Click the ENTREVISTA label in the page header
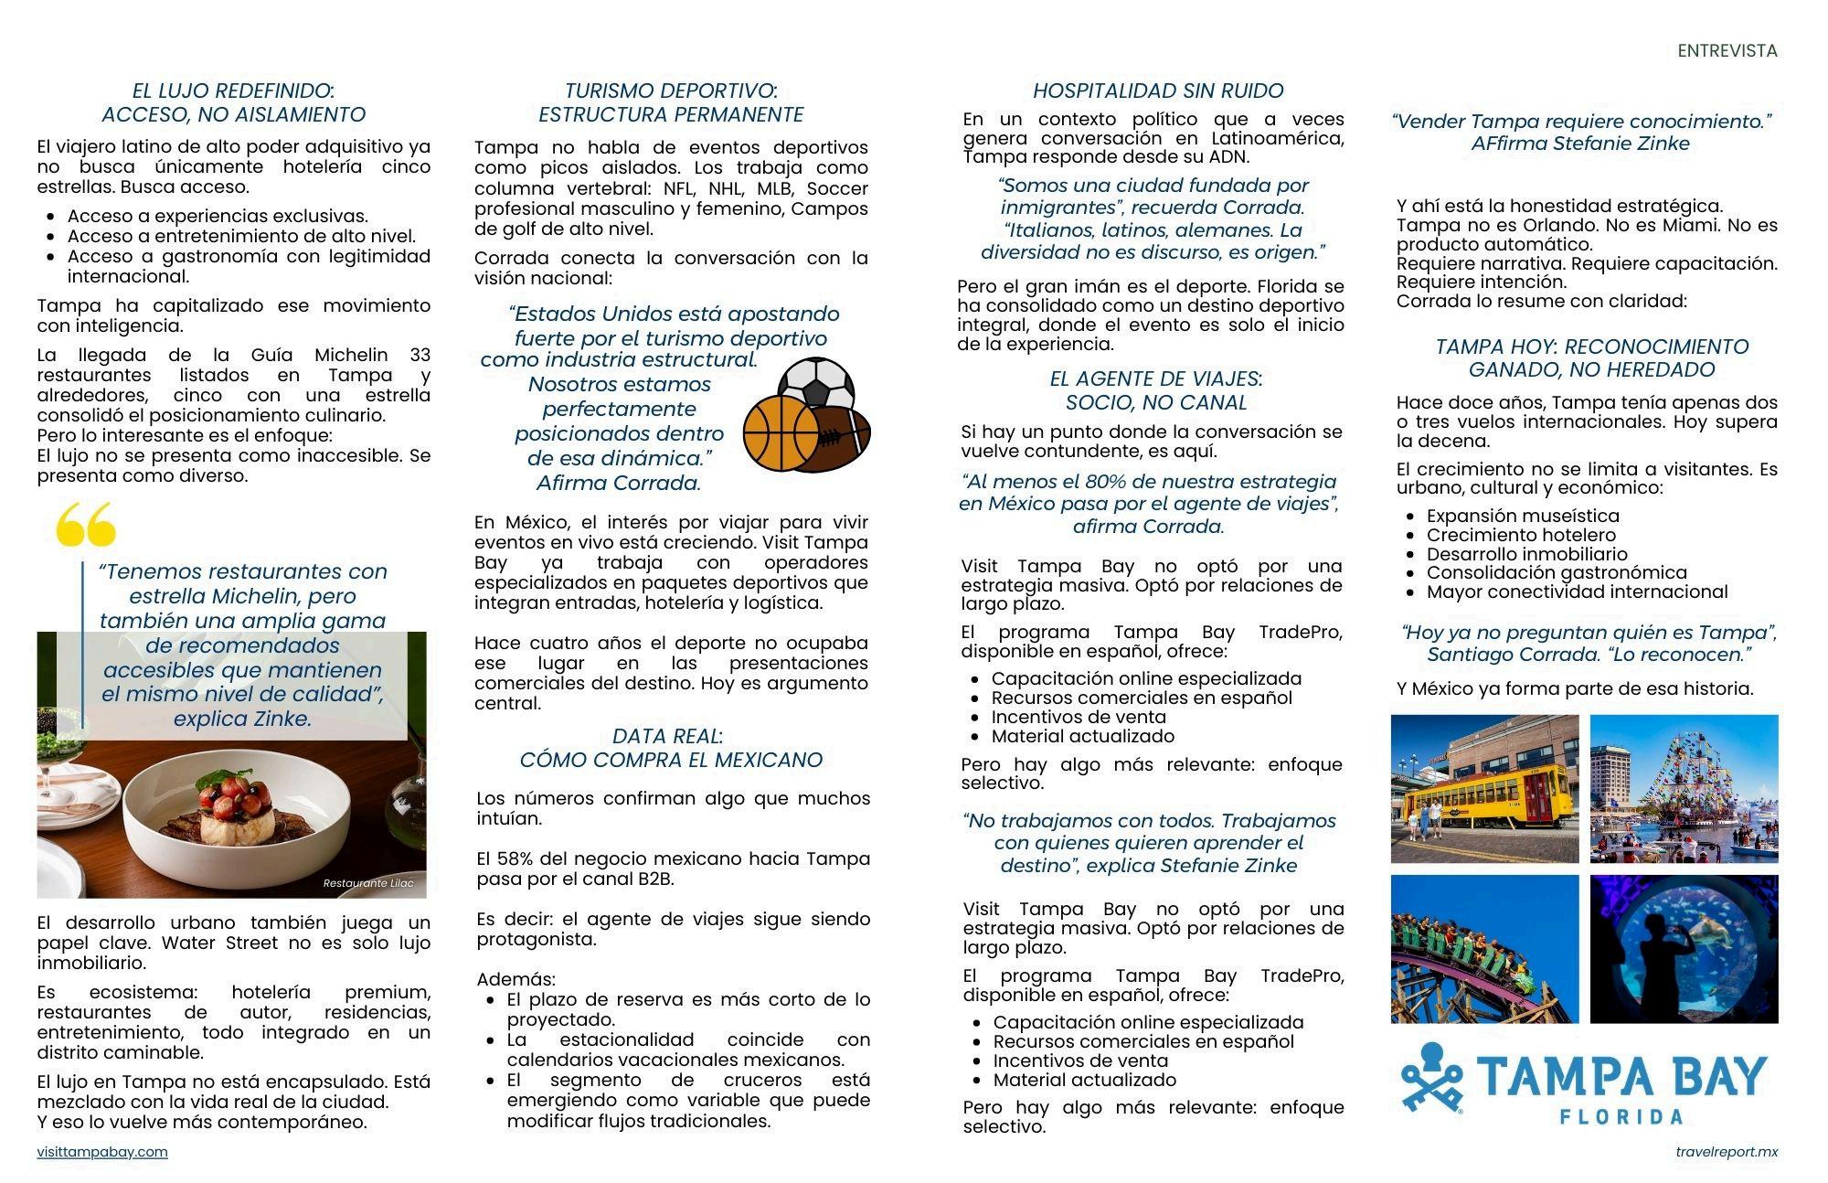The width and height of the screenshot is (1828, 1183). coord(1727,51)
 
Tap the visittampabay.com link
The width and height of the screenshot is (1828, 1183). coord(102,1152)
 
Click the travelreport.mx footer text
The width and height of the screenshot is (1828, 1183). coord(1727,1152)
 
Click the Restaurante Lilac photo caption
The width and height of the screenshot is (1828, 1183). coord(368,883)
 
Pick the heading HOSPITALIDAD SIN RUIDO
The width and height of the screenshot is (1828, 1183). coord(1157,91)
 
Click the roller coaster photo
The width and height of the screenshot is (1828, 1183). coord(1484,949)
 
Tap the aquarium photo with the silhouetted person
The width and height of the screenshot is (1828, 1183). coord(1684,949)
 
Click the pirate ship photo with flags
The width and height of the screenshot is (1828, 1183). coord(1684,788)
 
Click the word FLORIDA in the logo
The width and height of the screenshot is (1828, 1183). coord(1621,1116)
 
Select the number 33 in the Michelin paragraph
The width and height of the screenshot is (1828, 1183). coord(420,355)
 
